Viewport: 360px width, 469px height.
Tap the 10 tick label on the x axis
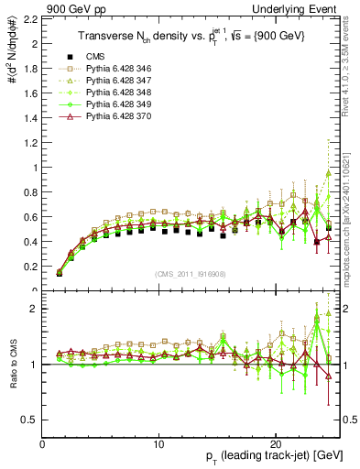pos(159,444)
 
